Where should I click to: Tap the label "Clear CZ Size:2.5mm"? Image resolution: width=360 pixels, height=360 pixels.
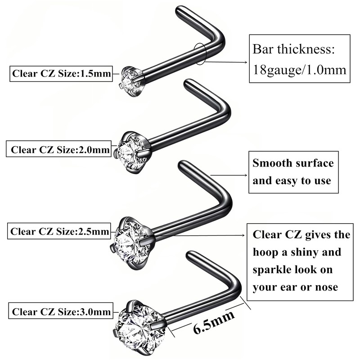pyautogui.click(x=60, y=232)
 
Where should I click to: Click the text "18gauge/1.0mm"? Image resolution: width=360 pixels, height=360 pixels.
pyautogui.click(x=299, y=70)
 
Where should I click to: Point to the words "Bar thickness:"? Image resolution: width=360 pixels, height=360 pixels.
pyautogui.click(x=293, y=49)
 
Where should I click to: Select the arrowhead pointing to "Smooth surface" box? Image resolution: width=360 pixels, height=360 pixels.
pyautogui.click(x=246, y=175)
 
